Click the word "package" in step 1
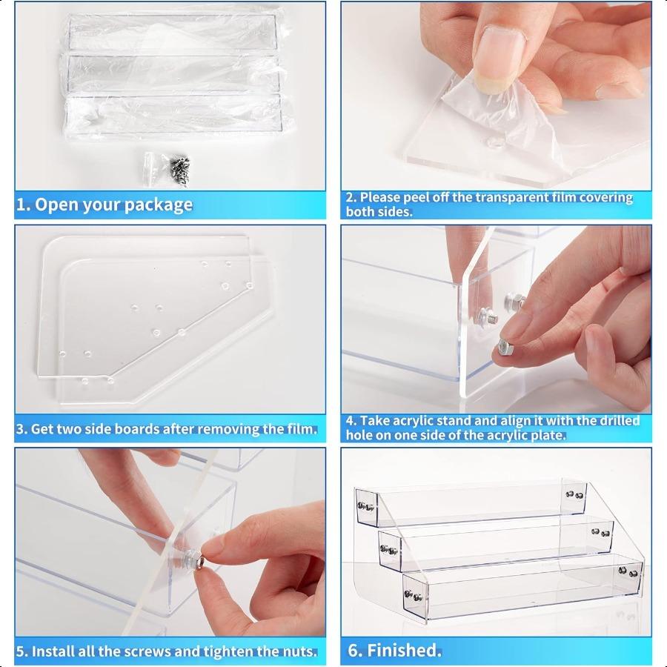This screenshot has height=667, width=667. (x=159, y=205)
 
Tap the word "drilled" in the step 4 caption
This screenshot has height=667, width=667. (x=620, y=421)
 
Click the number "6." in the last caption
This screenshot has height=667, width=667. (x=356, y=651)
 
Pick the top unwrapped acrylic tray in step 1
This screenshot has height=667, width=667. (x=172, y=33)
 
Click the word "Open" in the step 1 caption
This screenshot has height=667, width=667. (x=56, y=205)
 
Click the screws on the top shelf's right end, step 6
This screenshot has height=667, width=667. (x=574, y=495)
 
